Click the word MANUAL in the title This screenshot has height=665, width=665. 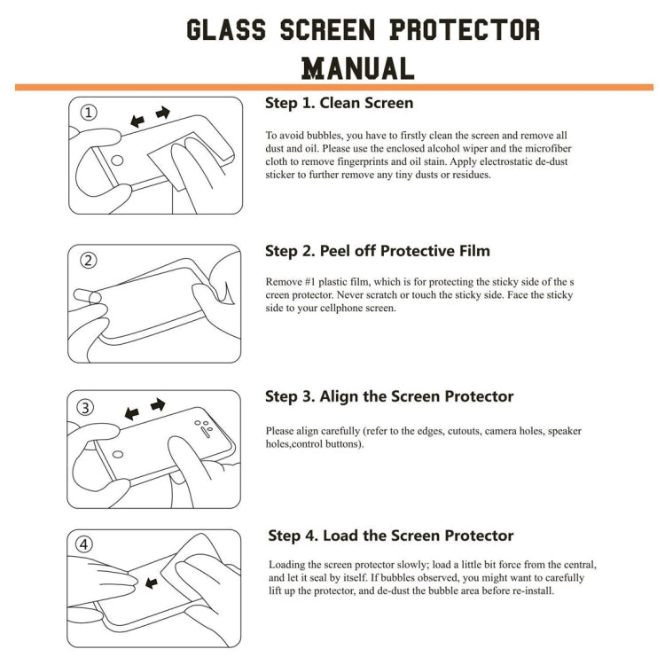coord(358,67)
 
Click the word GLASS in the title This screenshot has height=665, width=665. coord(226,29)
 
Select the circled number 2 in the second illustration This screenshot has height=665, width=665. coord(88,261)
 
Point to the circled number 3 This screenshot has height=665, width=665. coord(85,408)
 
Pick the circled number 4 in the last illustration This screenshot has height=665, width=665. coord(85,545)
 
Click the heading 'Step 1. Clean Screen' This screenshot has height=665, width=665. coord(339,103)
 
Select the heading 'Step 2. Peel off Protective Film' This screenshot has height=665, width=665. coord(377,251)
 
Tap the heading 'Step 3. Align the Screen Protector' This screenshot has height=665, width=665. coord(389,396)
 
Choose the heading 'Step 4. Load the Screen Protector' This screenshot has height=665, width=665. coord(391,536)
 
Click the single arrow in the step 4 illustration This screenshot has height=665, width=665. coord(151,583)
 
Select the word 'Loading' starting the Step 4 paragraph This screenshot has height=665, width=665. coord(288,565)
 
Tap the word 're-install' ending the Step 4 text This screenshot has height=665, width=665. coord(530,591)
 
